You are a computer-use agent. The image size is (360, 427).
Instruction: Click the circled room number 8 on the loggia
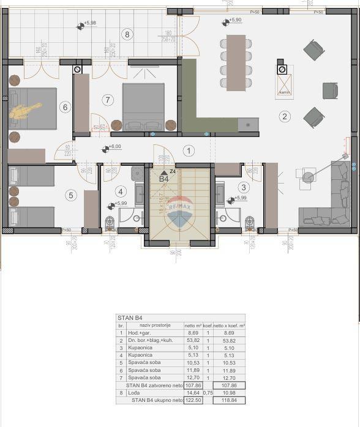coord(127,34)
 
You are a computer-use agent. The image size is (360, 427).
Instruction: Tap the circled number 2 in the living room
coord(284,116)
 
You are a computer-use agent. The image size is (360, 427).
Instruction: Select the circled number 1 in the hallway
coord(189,150)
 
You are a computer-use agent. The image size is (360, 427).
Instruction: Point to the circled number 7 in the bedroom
coord(108,99)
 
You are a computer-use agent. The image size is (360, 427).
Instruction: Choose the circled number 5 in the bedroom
coord(71,195)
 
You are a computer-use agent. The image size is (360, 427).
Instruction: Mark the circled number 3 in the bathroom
coord(244,187)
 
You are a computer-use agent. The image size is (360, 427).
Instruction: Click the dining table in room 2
coord(236,62)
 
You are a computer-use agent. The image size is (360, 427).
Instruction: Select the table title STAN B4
coord(130,318)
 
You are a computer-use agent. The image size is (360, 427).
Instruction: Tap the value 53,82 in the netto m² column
coord(192,341)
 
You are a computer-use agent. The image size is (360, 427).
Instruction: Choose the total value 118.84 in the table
coord(229,400)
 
